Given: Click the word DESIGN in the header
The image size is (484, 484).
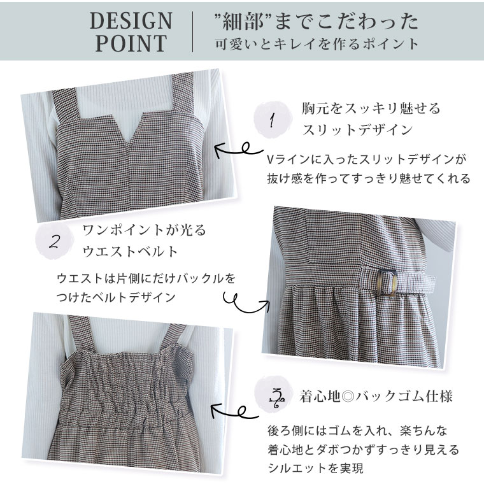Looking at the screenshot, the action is click(131, 21).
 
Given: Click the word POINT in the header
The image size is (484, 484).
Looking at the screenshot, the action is click(131, 43).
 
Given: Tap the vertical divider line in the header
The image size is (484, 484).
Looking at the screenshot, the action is click(193, 32).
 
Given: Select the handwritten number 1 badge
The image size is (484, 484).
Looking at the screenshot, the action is click(272, 120).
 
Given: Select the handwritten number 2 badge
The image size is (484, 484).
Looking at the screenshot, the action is click(55, 241).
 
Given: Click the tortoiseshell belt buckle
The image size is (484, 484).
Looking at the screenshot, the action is click(387, 282).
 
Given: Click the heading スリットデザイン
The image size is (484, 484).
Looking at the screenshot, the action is click(357, 130).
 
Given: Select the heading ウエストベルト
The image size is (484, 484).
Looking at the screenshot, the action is click(130, 252).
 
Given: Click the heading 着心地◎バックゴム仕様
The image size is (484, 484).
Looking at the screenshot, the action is click(375, 397).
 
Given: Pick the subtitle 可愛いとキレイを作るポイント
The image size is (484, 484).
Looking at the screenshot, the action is click(317, 44).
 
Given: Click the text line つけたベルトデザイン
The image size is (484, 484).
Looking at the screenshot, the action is click(116, 297).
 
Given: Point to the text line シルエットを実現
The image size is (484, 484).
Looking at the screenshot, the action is click(315, 468).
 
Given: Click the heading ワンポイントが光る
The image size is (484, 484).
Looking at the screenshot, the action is click(144, 231).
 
